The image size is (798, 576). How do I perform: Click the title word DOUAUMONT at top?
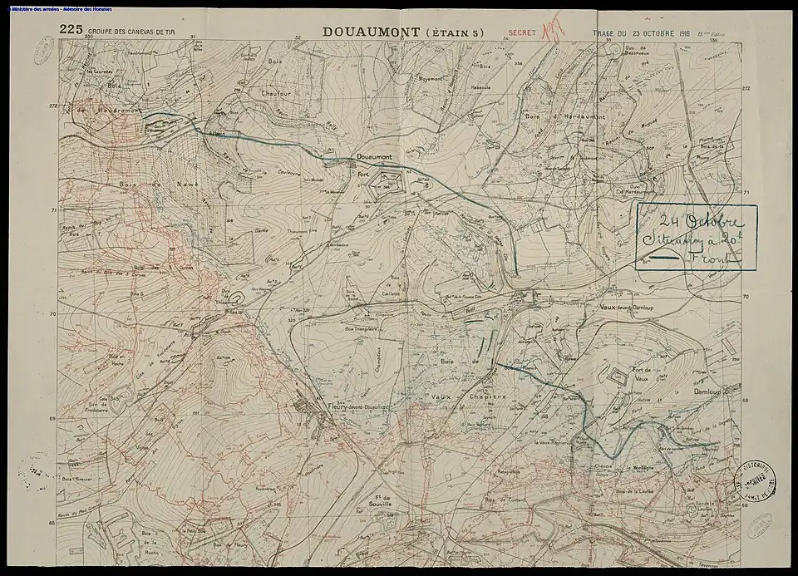373,32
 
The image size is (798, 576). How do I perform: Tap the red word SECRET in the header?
521,35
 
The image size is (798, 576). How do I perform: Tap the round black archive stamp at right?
757,481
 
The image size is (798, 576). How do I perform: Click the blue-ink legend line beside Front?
664,258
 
